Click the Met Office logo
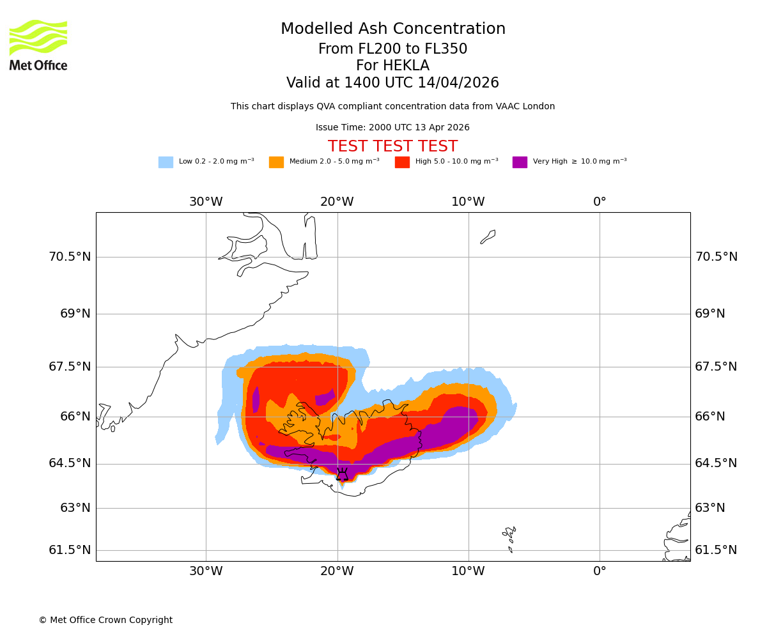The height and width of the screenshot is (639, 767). point(38,45)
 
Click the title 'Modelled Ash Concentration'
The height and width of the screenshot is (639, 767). point(393,29)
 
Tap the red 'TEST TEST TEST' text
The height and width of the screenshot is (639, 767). point(392,146)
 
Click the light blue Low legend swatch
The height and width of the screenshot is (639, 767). point(166,162)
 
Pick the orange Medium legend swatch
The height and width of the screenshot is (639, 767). point(276,162)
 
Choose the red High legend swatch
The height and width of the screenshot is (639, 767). point(402,162)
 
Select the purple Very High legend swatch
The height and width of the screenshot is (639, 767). point(520,162)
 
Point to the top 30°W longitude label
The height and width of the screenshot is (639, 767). point(206,202)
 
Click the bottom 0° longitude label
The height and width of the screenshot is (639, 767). point(600,571)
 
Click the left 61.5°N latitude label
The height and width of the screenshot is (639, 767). point(70,550)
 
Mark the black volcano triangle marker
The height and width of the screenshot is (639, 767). point(343,475)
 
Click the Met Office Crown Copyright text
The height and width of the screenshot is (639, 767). point(105,620)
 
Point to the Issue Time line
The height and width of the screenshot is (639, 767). point(392,128)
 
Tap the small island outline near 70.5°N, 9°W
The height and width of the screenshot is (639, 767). point(488,237)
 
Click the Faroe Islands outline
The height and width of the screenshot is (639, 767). point(509,537)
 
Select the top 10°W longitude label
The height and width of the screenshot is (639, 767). point(468,202)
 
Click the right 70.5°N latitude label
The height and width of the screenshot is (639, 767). point(716,257)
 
